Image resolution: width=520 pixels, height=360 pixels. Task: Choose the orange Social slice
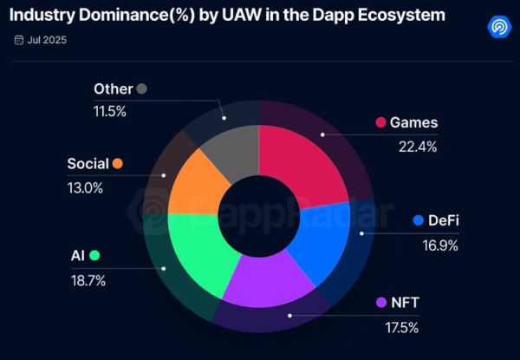(x=195, y=182)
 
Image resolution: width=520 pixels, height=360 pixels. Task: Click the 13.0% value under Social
(x=85, y=187)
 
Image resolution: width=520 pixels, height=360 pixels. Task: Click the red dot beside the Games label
(x=380, y=122)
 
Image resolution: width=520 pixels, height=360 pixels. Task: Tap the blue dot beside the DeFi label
(x=419, y=220)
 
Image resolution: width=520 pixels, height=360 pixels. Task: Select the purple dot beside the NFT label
(x=380, y=303)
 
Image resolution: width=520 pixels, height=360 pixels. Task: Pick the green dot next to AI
(x=94, y=255)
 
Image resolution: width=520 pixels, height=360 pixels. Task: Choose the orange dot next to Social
(x=117, y=164)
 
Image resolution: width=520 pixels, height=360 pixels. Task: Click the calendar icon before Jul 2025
(x=19, y=40)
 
